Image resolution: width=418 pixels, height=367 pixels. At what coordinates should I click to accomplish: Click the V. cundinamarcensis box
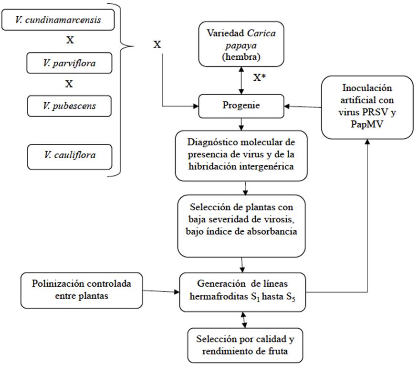pos(60,21)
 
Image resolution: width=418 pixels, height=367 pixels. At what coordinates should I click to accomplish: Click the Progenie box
pos(244,106)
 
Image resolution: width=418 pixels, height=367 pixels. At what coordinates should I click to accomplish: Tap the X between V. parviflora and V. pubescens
pos(69,84)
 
